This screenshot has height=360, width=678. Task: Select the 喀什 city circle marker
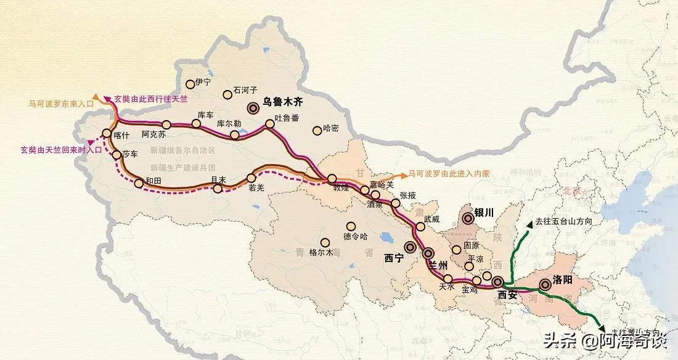coord(107,133)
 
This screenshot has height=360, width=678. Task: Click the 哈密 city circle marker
coord(317,129)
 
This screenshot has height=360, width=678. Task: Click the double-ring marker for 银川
coord(468,217)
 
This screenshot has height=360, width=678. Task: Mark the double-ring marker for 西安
coord(498,283)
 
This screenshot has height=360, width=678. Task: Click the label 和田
coord(153,181)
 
